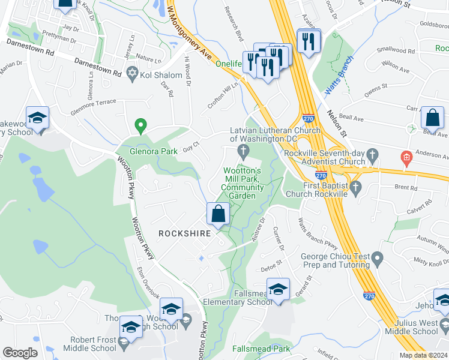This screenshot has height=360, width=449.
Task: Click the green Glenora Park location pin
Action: [141, 125]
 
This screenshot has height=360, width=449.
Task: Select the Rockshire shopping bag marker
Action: [218, 214]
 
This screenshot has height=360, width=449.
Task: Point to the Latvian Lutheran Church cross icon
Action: [243, 149]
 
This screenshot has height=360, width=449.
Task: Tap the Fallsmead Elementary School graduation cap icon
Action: [278, 290]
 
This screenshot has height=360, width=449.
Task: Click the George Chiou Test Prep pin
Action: [377, 259]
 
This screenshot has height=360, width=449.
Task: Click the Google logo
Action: [20, 353]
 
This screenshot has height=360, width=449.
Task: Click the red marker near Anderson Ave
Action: [406, 158]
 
